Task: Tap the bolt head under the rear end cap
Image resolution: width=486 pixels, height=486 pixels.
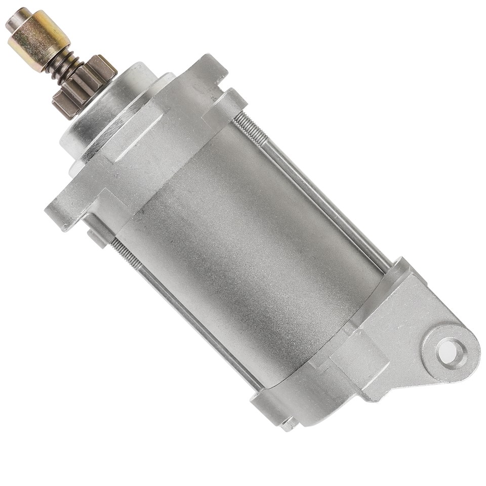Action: coord(289,423)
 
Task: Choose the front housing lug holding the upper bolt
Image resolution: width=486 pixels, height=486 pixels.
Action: coord(223,106)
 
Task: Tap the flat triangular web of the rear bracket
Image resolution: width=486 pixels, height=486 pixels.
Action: coord(405,324)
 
